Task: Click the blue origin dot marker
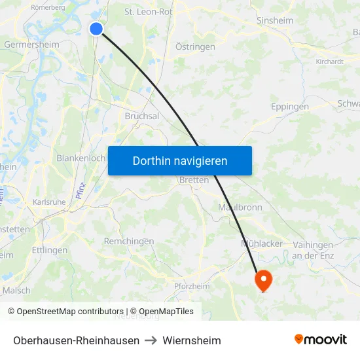(96, 28)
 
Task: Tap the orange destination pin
(263, 279)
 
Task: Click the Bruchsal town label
(141, 116)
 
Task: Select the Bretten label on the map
(194, 180)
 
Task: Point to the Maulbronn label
(240, 207)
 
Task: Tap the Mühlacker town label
(262, 243)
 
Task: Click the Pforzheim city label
(192, 286)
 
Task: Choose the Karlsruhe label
(49, 202)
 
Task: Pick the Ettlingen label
(50, 250)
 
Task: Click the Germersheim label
(31, 45)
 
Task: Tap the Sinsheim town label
(275, 20)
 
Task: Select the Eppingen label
(290, 106)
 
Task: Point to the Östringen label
(195, 47)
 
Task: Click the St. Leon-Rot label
(149, 11)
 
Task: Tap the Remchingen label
(129, 242)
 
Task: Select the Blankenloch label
(81, 158)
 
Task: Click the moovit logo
(321, 340)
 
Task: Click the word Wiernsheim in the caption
(192, 340)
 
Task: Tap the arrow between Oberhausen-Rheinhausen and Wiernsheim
(151, 340)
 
